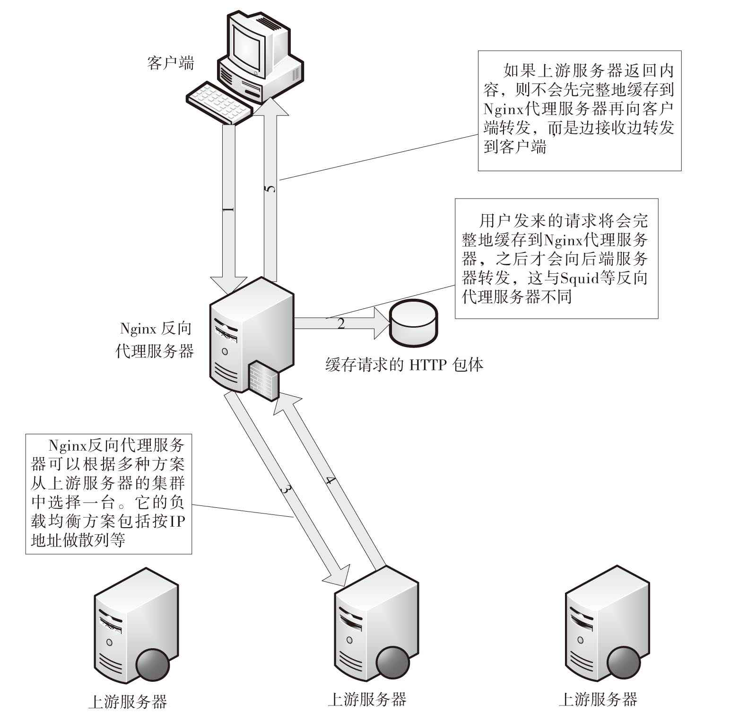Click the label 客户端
pyautogui.click(x=170, y=62)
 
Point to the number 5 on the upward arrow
pyautogui.click(x=270, y=189)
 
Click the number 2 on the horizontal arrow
pyautogui.click(x=341, y=324)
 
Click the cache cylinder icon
pyautogui.click(x=413, y=322)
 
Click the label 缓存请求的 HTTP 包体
pyautogui.click(x=404, y=365)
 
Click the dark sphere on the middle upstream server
pyautogui.click(x=392, y=660)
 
